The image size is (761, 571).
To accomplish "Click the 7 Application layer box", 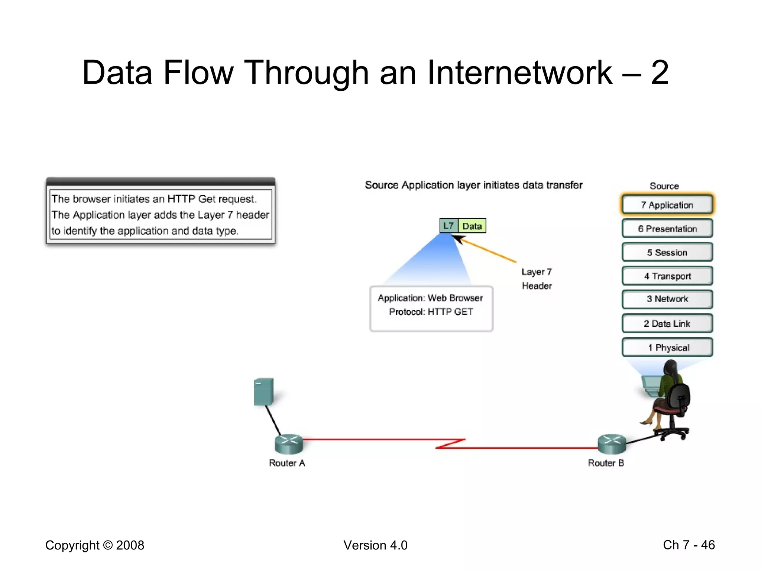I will point(667,205).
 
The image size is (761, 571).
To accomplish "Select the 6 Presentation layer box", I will point(667,229).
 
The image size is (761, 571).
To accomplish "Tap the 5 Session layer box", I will point(667,252).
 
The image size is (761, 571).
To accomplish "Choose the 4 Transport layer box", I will point(667,276).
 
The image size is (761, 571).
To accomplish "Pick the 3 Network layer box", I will point(667,299).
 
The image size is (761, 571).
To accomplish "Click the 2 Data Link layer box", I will point(667,323).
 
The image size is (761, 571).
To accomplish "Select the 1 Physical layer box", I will point(667,348).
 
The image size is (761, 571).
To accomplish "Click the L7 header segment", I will point(448,226).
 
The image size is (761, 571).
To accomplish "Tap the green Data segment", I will point(472,226).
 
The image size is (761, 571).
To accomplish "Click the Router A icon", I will point(289,444).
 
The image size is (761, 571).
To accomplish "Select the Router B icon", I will point(612,444).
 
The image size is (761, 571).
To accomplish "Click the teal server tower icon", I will point(264,392).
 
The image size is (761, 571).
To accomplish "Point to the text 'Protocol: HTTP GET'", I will point(431,312).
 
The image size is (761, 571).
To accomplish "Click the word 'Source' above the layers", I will point(664,186).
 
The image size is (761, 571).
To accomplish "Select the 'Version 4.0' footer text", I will point(375,545).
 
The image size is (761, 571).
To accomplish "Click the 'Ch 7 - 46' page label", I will point(689,545).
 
